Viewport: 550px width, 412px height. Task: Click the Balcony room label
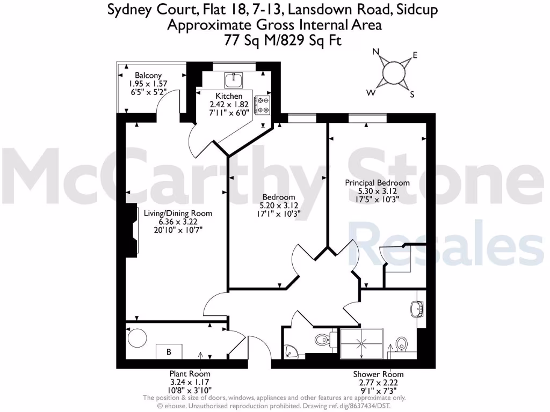click(148, 76)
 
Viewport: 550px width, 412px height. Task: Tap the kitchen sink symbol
click(234, 80)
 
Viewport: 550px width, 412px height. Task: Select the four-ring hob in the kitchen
click(263, 105)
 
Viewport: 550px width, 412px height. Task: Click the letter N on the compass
click(377, 52)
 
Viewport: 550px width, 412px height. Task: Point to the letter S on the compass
click(412, 95)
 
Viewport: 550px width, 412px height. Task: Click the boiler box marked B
click(169, 352)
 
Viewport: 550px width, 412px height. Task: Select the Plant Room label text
click(190, 374)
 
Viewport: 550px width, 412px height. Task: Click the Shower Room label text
click(378, 374)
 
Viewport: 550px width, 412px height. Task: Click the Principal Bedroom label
click(377, 183)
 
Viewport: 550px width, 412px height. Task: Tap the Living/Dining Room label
click(178, 213)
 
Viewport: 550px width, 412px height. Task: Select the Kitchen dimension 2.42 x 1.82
click(226, 105)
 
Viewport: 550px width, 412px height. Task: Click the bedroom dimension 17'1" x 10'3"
click(279, 214)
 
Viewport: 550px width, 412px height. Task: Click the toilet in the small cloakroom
click(323, 340)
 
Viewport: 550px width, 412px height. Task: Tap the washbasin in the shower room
click(417, 310)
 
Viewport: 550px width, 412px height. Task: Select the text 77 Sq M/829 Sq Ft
click(274, 40)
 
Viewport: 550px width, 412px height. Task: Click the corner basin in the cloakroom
click(290, 352)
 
